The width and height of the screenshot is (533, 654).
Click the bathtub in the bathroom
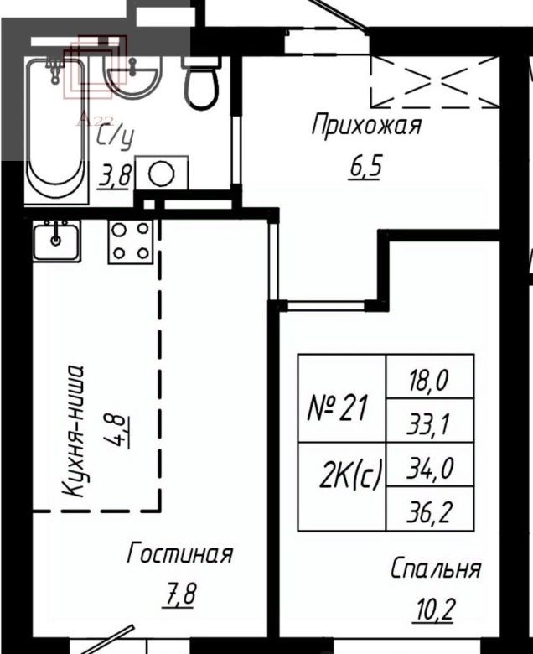57,131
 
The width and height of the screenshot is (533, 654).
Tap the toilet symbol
201,83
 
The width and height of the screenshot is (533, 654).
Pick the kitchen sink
57,241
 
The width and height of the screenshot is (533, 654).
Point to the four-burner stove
131,241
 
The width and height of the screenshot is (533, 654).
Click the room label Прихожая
367,125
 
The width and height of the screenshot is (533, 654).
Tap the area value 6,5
365,166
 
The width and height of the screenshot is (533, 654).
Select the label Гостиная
179,553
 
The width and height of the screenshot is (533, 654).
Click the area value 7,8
179,594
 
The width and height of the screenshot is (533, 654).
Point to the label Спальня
436,568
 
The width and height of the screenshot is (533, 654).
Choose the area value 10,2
433,610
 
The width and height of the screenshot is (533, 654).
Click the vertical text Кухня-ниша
74,431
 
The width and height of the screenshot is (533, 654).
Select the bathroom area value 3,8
114,176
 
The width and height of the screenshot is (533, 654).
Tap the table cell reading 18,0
430,376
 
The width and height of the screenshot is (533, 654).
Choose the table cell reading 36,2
430,509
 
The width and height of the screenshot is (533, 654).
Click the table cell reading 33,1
430,420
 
